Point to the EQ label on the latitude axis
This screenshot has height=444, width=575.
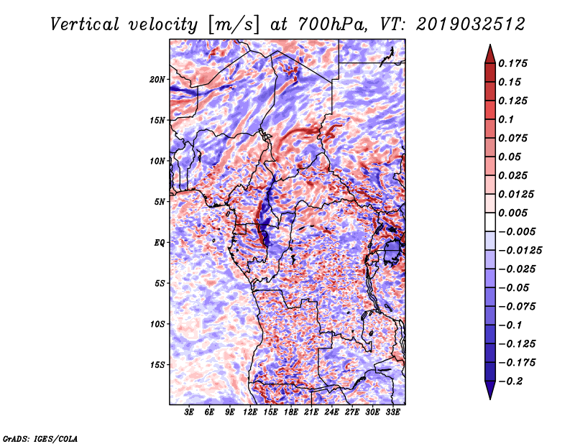(160, 242)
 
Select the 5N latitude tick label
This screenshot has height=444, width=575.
(160, 201)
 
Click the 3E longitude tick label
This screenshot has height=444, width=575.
(190, 413)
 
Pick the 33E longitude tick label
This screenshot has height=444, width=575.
(392, 413)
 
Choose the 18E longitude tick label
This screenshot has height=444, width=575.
(291, 413)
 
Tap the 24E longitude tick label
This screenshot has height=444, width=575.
(331, 413)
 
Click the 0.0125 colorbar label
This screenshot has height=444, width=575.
(517, 194)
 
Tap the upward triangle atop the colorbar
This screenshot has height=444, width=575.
(489, 52)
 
